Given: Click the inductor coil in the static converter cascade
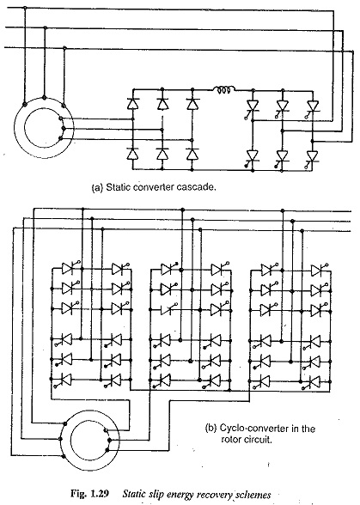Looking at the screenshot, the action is tap(223, 90).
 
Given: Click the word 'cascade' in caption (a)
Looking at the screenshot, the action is tap(200, 187).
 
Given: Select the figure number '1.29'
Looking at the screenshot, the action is tap(99, 494).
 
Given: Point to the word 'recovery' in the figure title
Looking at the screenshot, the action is tap(217, 495).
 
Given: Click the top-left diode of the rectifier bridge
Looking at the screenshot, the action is tap(132, 103).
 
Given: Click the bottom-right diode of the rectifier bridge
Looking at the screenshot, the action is tap(192, 154).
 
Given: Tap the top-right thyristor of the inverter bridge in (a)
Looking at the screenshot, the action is tap(312, 106).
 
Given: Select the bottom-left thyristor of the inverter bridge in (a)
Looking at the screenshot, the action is tap(252, 158).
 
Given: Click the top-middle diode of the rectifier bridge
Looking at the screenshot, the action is tap(162, 103).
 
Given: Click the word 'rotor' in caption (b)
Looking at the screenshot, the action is tap(230, 440).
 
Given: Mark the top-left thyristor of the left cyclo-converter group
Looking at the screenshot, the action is tap(69, 267).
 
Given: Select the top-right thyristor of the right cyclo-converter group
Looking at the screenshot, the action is tap(319, 270).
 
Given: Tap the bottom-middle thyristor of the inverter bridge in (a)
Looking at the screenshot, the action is tap(282, 158).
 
